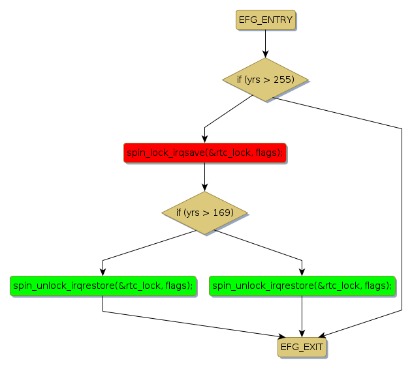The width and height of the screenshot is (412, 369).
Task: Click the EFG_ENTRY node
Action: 265,20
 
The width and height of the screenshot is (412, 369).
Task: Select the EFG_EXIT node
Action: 302,347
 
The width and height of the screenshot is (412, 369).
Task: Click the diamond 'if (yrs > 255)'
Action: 265,80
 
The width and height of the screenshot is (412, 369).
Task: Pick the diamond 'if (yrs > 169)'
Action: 205,213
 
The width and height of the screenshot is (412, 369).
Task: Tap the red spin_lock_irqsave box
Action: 205,153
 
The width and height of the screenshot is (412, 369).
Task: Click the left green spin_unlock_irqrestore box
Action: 103,286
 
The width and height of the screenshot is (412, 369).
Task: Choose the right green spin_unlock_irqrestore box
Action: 302,286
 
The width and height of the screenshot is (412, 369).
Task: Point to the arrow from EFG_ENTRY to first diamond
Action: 265,44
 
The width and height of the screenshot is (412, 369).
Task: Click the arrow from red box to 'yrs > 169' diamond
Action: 205,176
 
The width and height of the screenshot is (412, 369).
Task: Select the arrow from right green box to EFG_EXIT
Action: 302,317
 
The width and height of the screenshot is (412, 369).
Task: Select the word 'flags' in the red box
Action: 269,153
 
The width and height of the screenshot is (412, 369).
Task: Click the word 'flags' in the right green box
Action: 375,286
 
